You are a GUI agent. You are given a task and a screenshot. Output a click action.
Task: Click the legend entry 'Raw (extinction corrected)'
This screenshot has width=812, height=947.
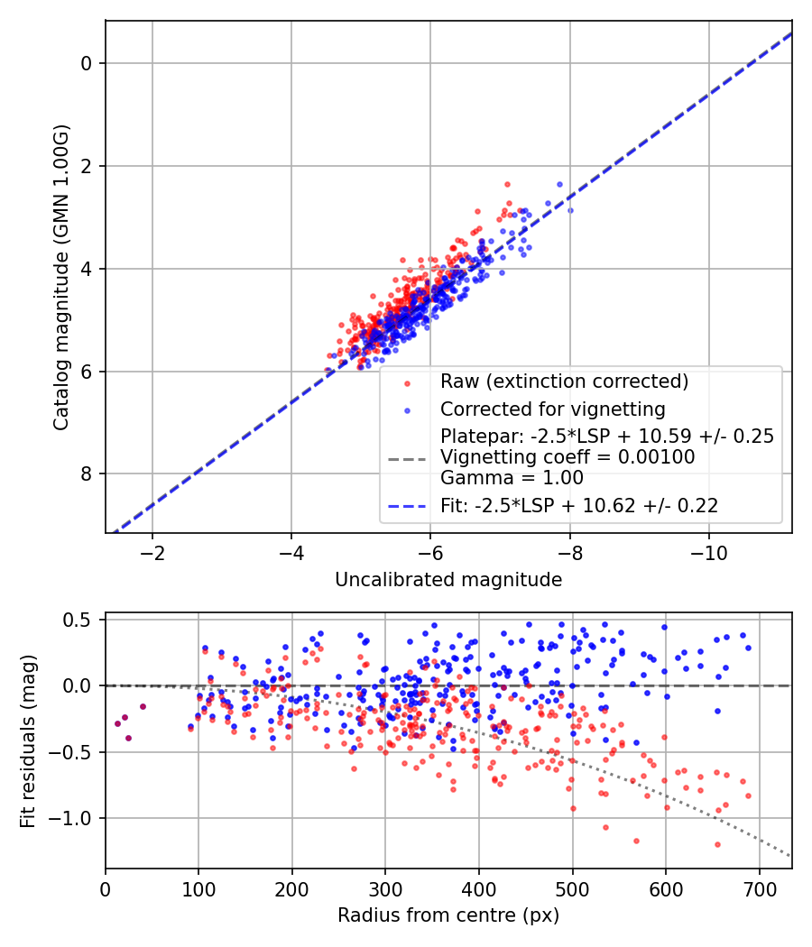[564, 381]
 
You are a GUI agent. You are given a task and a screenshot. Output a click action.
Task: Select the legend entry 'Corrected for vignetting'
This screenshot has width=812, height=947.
[552, 409]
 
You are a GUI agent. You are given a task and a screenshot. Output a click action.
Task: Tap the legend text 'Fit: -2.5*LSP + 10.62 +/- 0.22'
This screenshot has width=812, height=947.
[579, 506]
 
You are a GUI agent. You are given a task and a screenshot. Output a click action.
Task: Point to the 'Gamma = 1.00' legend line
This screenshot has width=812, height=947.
[512, 478]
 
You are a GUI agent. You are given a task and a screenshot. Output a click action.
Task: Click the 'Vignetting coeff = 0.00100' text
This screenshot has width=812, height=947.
[567, 457]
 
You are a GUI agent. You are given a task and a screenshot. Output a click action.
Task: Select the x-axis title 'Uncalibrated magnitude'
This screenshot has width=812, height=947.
[448, 580]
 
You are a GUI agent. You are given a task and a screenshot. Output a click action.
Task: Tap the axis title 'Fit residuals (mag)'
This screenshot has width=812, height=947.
[28, 741]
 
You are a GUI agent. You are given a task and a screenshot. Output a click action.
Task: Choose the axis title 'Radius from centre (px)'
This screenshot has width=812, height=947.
[448, 915]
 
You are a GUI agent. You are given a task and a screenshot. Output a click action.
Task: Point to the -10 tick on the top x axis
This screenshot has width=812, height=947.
[708, 550]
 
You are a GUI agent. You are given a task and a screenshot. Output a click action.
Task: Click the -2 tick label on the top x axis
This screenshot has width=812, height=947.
[152, 550]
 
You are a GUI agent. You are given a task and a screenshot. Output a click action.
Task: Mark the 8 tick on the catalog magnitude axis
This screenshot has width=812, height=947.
[88, 474]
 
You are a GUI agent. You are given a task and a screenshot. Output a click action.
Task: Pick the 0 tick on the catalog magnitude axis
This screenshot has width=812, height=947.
[88, 63]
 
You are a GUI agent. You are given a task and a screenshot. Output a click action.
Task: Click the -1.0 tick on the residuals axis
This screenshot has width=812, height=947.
[77, 818]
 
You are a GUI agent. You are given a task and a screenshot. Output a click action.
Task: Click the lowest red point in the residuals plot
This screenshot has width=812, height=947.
[717, 844]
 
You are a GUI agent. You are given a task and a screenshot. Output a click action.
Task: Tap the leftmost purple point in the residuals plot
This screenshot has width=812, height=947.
[117, 723]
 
